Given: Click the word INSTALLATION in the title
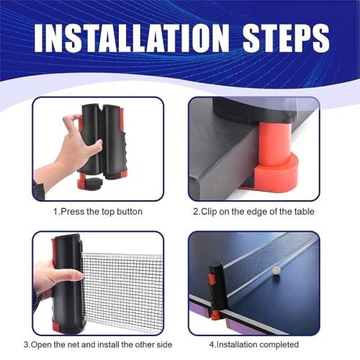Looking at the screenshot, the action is coord(132,38).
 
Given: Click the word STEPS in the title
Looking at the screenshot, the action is coord(286,38).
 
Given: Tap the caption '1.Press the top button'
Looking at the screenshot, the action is coord(98,212).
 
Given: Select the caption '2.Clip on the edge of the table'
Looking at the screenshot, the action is coord(253,212).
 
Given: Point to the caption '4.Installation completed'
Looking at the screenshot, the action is coord(254,345).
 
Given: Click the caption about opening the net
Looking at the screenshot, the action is coord(98,345).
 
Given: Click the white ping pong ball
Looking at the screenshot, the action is coord(277,270).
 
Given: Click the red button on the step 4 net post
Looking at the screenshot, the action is coord(212,279).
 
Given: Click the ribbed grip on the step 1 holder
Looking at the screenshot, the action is coord(120,146).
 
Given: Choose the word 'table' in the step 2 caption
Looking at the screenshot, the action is coord(305,212).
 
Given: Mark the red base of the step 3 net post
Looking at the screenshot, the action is coord(58,326).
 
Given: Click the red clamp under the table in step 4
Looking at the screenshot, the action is coord(215,315).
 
